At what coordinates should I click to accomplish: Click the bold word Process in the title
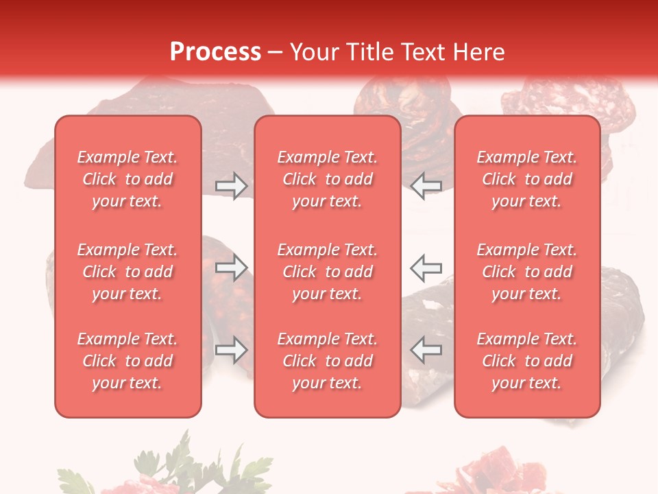(215, 52)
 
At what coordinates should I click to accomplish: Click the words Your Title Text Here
(398, 52)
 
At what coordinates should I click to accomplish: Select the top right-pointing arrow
(231, 186)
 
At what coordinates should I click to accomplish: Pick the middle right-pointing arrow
(231, 268)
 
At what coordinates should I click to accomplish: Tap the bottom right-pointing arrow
(231, 350)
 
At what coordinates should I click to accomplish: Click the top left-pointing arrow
(426, 186)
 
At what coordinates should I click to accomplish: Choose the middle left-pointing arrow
(426, 268)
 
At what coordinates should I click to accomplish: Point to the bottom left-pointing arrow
(426, 350)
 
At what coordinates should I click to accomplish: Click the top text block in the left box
(127, 179)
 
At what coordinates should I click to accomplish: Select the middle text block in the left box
(127, 272)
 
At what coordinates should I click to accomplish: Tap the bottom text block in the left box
(127, 361)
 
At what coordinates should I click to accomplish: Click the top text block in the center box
(327, 179)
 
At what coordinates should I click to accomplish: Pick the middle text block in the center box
(327, 272)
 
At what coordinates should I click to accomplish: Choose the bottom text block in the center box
(327, 361)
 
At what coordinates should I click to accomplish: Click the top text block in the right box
(526, 179)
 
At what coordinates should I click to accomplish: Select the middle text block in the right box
(526, 272)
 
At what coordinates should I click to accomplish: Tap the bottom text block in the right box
(526, 361)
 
